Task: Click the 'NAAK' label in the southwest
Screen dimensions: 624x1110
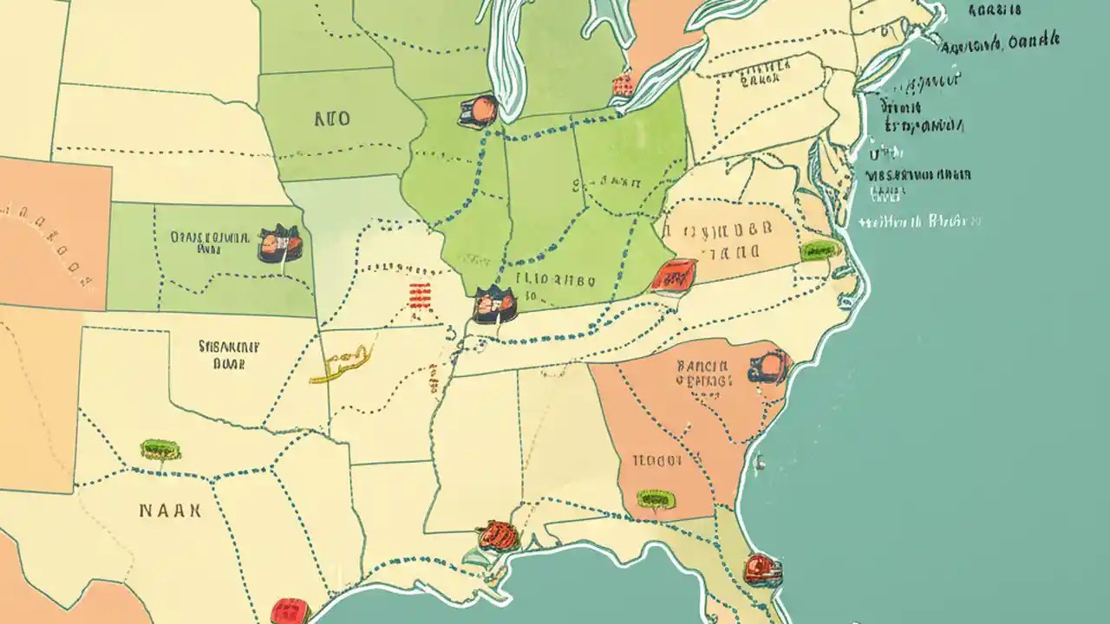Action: [x=170, y=510]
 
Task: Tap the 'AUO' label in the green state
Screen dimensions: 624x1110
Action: [x=331, y=119]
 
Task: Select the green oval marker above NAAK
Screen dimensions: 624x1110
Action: [x=160, y=449]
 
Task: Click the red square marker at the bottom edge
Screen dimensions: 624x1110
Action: [x=291, y=612]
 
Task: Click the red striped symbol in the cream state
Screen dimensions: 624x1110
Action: [x=420, y=296]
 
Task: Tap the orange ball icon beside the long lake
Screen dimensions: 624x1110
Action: [x=481, y=110]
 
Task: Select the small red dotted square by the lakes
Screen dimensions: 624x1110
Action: [x=622, y=84]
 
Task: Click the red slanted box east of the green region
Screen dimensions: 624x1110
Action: [x=674, y=276]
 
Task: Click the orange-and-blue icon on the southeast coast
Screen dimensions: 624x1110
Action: [x=768, y=367]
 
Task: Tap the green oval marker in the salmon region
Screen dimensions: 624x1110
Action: [x=653, y=498]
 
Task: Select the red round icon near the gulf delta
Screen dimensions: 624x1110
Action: [x=497, y=535]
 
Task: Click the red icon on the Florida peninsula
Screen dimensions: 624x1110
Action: [x=762, y=569]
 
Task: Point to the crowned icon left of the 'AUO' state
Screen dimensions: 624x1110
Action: [x=279, y=244]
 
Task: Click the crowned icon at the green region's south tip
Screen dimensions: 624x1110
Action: [x=494, y=306]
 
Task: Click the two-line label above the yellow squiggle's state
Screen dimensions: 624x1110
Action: [x=229, y=354]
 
